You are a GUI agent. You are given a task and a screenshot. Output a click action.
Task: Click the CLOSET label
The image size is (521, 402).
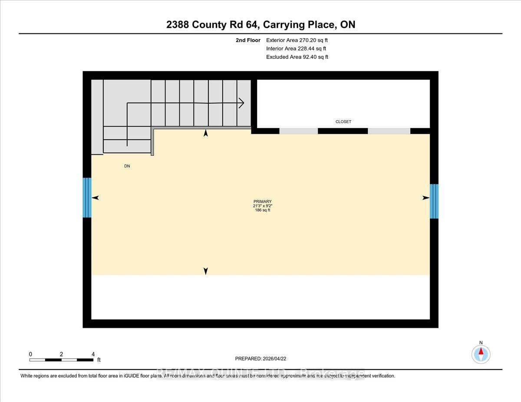click(x=343, y=122)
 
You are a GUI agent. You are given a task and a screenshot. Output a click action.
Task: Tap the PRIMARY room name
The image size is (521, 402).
click(x=263, y=201)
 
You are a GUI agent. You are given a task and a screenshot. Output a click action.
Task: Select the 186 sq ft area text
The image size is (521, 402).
click(x=263, y=210)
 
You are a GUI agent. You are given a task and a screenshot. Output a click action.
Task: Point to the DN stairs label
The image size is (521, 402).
click(x=127, y=166)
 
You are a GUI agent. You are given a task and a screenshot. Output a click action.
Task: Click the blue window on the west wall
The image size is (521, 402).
click(x=87, y=197)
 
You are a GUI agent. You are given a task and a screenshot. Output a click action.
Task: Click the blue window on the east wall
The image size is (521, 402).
click(x=434, y=201)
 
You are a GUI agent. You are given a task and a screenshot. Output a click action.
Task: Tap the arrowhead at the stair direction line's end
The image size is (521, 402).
click(x=241, y=103)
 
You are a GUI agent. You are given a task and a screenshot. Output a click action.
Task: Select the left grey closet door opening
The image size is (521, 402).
click(x=298, y=131)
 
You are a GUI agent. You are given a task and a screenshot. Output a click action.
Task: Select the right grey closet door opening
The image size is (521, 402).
click(x=389, y=131)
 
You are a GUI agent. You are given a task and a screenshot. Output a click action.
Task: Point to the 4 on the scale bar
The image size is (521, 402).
click(x=93, y=354)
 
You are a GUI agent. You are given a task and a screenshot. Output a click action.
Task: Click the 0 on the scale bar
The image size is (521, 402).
click(x=30, y=354)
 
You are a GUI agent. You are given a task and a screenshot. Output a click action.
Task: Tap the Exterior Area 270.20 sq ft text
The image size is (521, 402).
click(x=297, y=40)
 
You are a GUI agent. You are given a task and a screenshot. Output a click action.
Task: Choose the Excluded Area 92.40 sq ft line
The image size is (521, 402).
click(x=297, y=57)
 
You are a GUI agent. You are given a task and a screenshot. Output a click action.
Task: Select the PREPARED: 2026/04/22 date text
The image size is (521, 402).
click(x=260, y=359)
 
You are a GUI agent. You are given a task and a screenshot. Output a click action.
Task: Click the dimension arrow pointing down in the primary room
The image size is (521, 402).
click(x=206, y=271)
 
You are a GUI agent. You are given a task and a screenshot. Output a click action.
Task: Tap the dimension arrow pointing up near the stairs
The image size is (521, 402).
click(x=206, y=133)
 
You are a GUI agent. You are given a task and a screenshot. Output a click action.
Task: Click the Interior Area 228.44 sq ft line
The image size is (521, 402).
click(x=296, y=49)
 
